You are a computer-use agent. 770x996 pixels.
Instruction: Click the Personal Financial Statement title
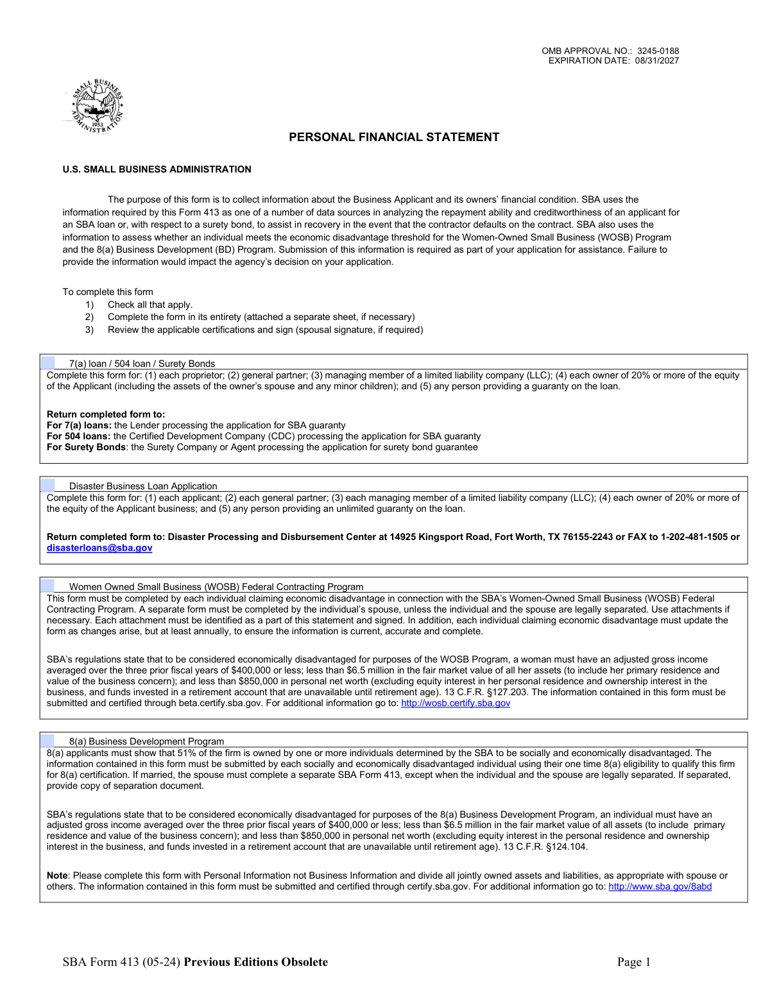click(394, 137)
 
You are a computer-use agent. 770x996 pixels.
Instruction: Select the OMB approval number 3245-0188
click(658, 51)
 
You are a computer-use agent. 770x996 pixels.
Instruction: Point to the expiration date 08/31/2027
click(657, 61)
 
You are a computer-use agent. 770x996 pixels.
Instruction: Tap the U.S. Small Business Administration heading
click(157, 169)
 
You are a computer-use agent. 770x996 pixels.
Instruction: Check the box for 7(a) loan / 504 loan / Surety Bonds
click(48, 363)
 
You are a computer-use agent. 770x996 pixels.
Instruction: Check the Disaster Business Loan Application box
click(48, 485)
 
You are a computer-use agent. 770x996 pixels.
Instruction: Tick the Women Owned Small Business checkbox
click(48, 586)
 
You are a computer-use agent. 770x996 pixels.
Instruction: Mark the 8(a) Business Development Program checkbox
click(48, 741)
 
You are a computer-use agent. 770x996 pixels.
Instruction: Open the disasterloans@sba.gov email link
click(99, 548)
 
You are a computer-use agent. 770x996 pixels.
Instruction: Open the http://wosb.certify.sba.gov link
click(456, 703)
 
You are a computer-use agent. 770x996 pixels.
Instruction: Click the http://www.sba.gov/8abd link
click(660, 886)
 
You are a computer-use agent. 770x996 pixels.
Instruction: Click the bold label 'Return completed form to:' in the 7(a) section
click(106, 414)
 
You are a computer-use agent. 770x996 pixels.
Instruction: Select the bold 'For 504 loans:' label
click(79, 436)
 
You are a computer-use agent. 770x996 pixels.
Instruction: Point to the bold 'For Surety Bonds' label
click(86, 447)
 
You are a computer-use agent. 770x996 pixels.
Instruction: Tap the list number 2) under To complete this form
click(89, 317)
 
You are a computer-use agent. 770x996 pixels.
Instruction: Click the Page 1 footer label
click(634, 961)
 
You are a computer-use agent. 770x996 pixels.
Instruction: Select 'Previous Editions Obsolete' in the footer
click(255, 961)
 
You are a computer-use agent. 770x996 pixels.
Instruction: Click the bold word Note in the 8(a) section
click(57, 875)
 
